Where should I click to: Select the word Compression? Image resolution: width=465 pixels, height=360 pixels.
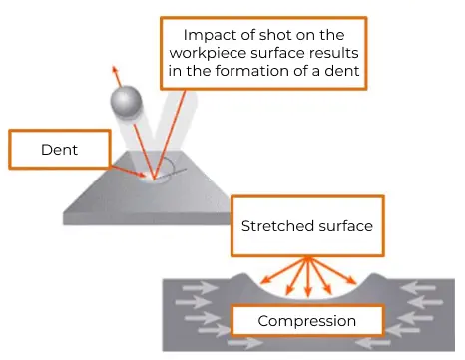[x=306, y=321]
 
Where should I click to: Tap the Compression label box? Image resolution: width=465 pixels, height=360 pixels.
[x=306, y=321]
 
